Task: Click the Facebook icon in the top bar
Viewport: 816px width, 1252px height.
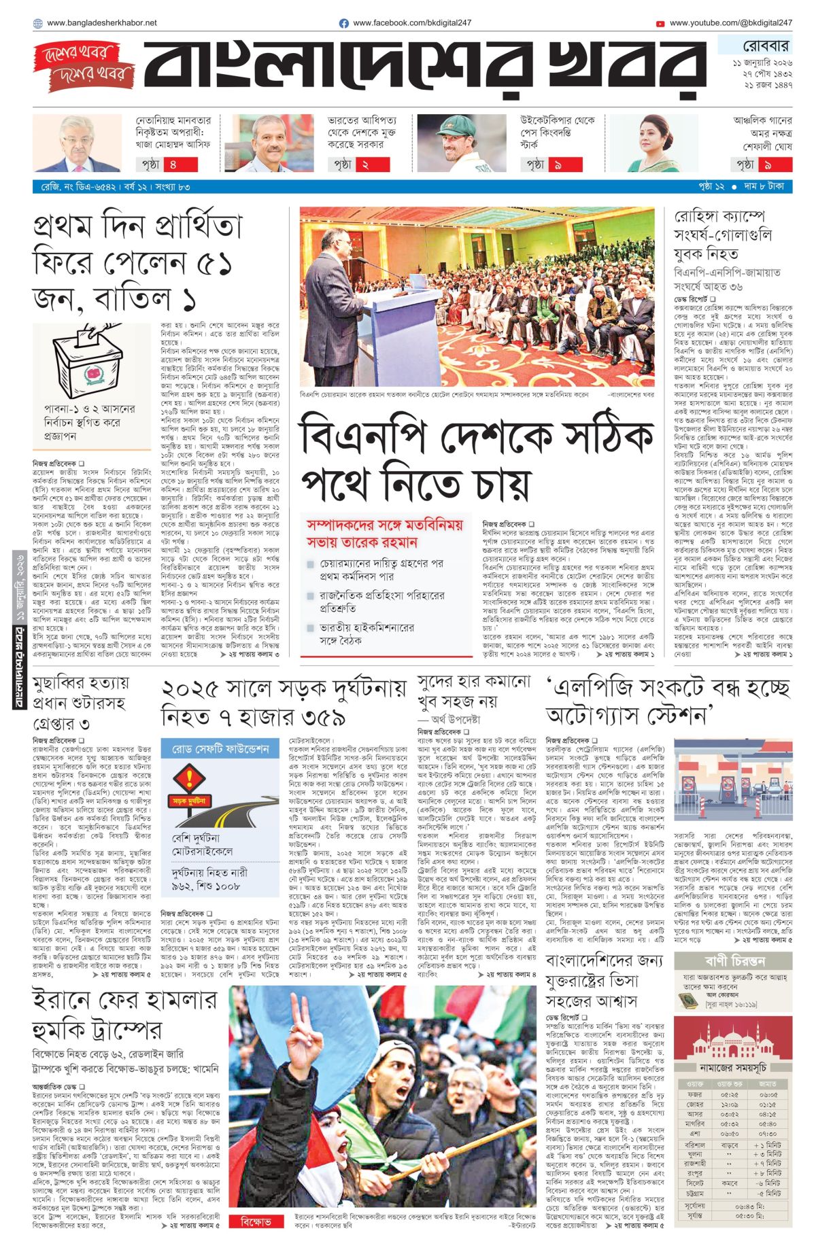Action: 344,23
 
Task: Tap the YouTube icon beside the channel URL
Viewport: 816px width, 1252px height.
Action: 660,23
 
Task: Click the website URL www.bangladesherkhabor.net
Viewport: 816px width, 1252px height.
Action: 102,23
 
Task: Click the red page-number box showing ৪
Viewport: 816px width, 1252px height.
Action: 173,164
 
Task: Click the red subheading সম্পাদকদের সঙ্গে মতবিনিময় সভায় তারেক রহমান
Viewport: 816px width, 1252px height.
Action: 384,534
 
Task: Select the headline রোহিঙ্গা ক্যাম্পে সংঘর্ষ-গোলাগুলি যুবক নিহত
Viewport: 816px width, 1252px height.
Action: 723,235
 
